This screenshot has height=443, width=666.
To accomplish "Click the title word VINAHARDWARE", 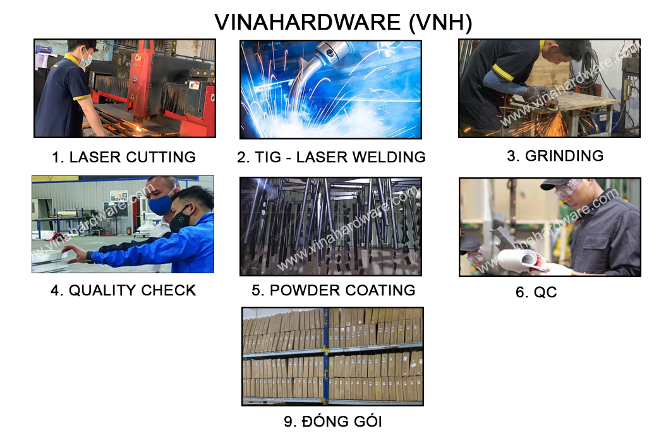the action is pyautogui.click(x=308, y=23).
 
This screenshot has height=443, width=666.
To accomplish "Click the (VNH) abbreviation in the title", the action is pyautogui.click(x=440, y=23).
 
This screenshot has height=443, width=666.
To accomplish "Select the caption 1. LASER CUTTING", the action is pyautogui.click(x=124, y=157).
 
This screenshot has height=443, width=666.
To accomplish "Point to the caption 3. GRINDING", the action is pyautogui.click(x=555, y=156).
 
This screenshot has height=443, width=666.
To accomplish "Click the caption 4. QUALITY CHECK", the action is pyautogui.click(x=123, y=290).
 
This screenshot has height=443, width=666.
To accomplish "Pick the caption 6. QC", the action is pyautogui.click(x=536, y=292).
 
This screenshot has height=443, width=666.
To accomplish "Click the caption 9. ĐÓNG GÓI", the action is pyautogui.click(x=333, y=422).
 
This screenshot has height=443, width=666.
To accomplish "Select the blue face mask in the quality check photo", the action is pyautogui.click(x=160, y=204).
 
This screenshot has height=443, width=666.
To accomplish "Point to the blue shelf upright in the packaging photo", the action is pyautogui.click(x=326, y=357).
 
